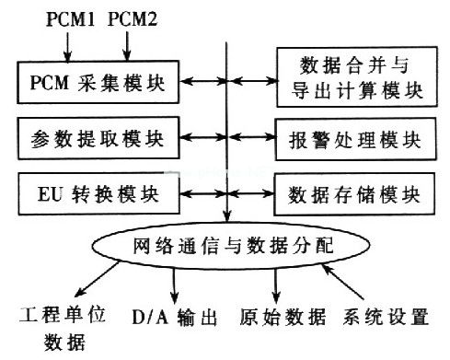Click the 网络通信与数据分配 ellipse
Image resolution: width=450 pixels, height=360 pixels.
pyautogui.click(x=231, y=248)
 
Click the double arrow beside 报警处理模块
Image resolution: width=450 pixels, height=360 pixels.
pyautogui.click(x=250, y=141)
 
